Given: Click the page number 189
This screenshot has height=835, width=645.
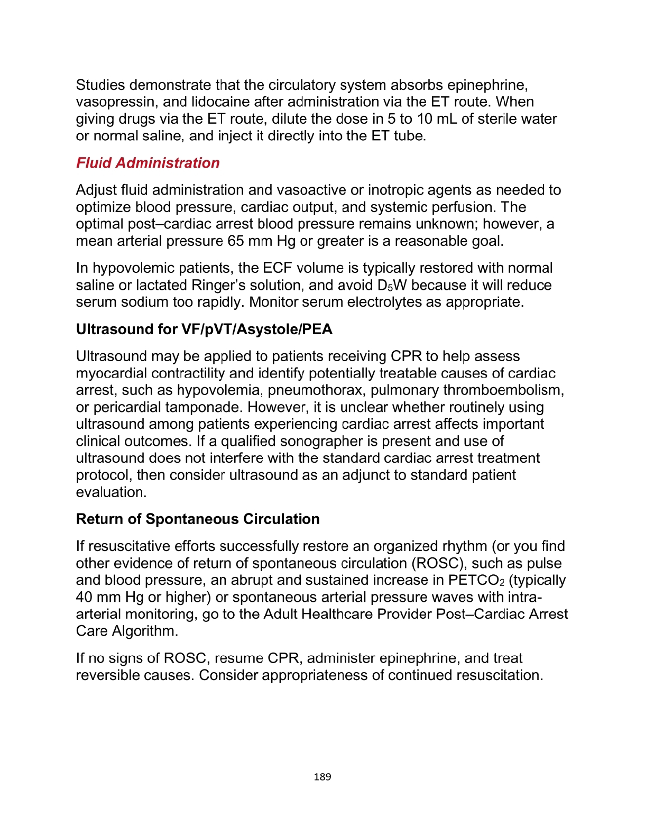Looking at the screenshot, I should [322, 777].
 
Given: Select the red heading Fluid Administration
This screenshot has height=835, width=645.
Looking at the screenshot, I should [148, 163].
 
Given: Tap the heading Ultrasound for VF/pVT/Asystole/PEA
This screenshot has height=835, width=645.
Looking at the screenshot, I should [204, 329].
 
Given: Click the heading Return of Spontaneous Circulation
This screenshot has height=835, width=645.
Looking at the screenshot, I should [198, 519].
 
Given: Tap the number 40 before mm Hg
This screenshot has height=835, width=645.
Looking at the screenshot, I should [85, 598].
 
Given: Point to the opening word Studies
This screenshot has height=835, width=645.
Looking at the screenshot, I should [100, 85].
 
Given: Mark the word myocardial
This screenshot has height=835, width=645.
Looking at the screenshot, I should [112, 373].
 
